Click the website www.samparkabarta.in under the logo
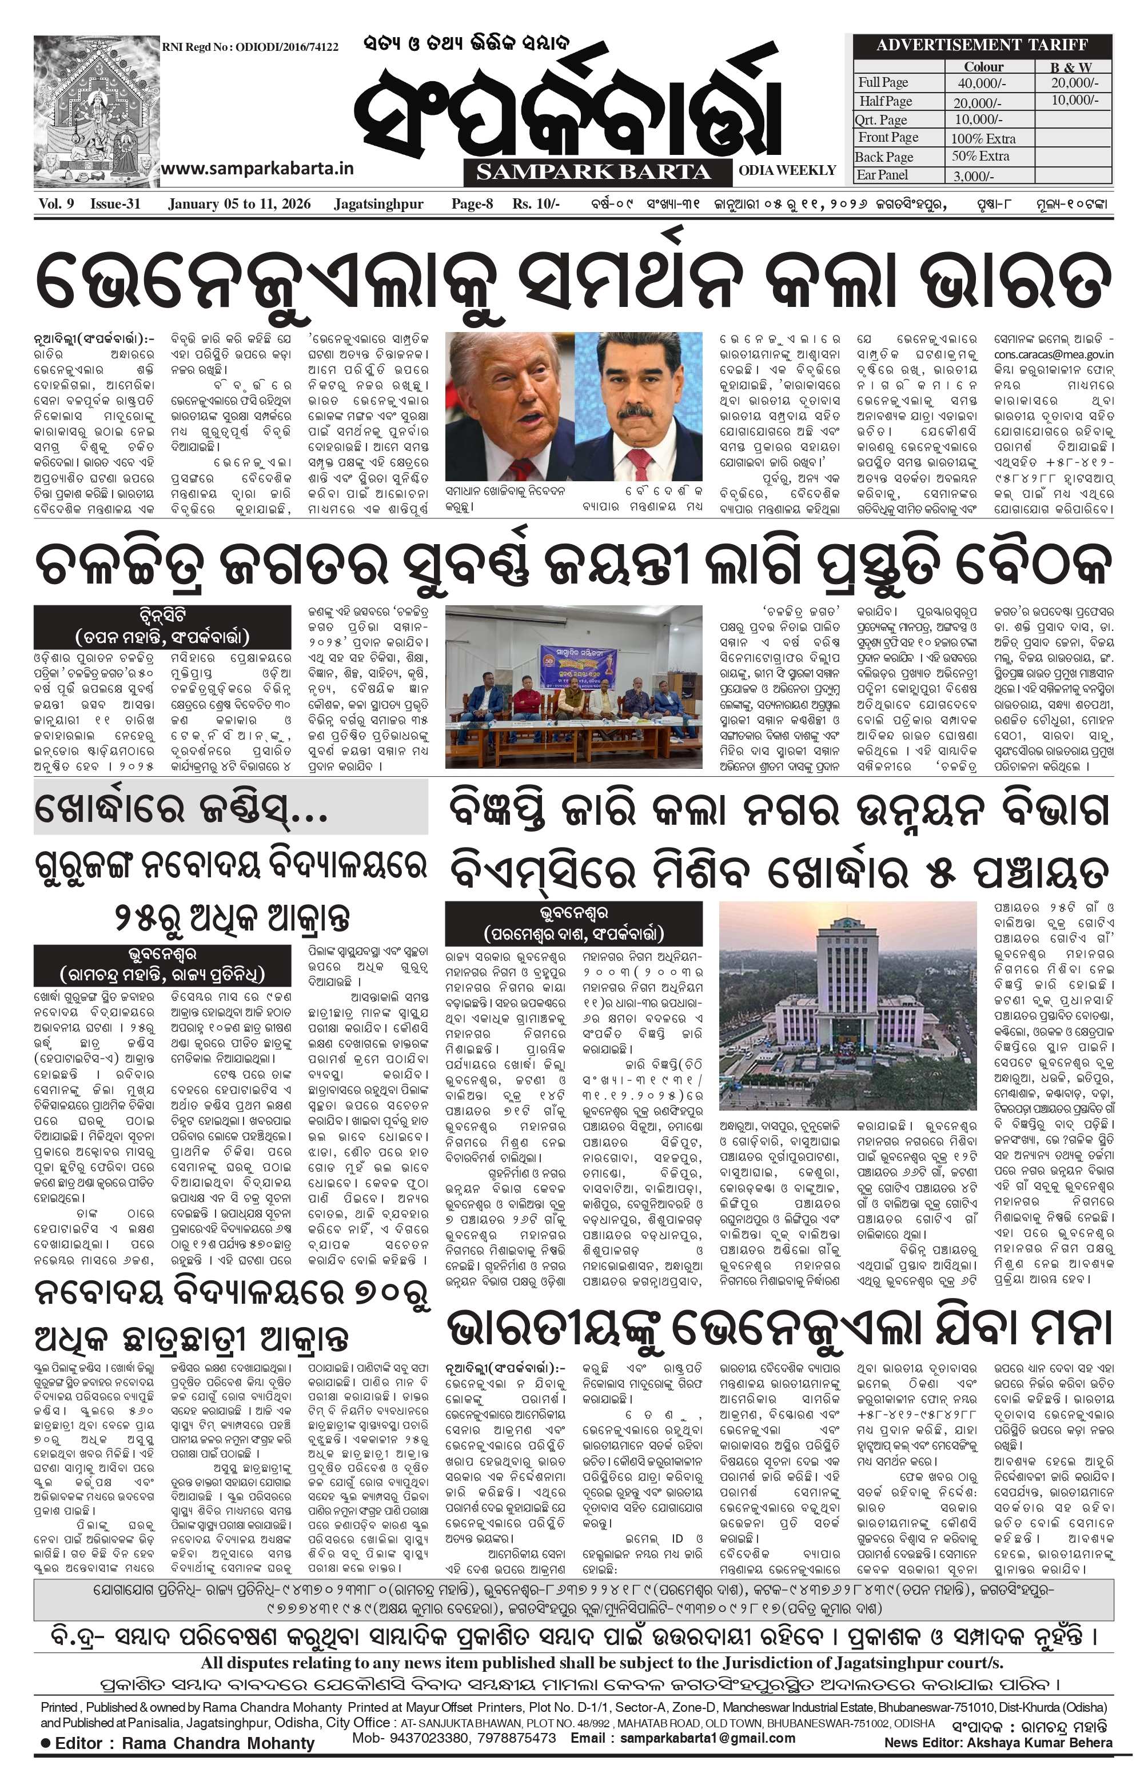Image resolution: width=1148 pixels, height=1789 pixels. (257, 169)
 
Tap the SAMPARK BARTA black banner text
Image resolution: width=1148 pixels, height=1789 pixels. (593, 172)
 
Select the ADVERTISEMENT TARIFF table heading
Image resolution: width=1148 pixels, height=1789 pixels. (982, 45)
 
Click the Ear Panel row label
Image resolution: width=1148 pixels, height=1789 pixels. (883, 175)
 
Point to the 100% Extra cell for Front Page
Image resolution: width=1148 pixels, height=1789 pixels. (983, 138)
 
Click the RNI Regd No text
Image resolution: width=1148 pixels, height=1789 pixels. (250, 47)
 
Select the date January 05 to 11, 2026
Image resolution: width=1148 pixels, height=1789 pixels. (240, 204)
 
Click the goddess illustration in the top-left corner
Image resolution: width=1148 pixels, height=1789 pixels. (97, 112)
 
